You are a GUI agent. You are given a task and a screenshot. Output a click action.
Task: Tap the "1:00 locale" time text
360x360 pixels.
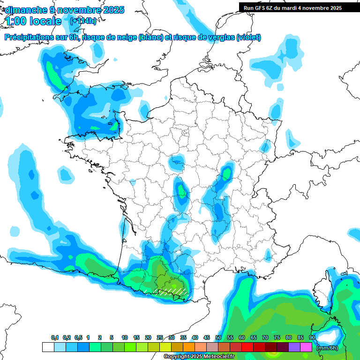click(34, 21)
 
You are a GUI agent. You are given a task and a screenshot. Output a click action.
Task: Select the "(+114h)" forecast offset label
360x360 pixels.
click(82, 21)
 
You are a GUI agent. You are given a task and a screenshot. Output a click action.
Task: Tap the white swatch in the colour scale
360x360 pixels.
click(48, 347)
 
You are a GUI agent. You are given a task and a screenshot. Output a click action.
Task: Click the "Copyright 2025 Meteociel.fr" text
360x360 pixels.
click(199, 357)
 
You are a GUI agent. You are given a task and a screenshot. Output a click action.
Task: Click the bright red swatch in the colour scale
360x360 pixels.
click(247, 347)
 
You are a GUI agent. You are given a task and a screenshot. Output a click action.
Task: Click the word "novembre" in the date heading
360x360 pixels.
click(75, 10)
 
